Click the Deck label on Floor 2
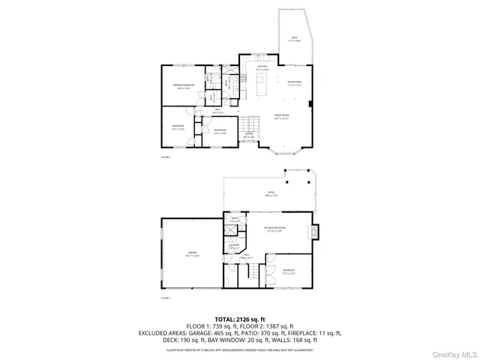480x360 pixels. tap(295, 38)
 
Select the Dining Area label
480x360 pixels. tap(295, 84)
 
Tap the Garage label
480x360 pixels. tap(192, 254)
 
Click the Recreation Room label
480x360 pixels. tap(274, 229)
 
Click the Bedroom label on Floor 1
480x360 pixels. tap(289, 271)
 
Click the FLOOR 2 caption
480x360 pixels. tap(166, 158)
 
